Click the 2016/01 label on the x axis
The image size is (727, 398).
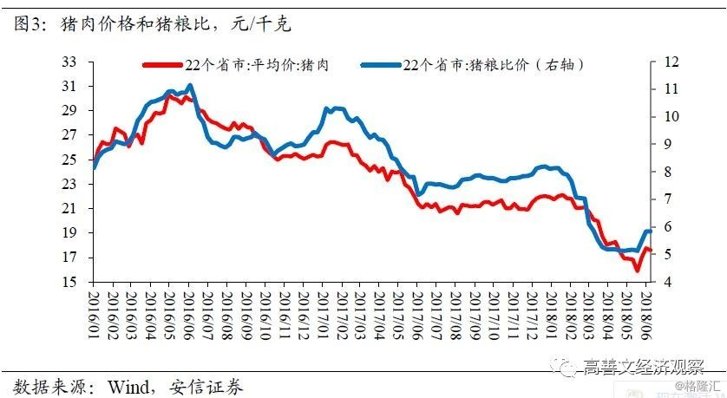pos(93,316)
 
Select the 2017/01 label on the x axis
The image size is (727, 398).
pos(323,316)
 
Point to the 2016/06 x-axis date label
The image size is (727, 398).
pos(188,316)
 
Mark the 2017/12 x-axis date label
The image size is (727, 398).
pos(533,316)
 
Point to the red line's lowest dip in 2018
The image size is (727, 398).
pos(637,270)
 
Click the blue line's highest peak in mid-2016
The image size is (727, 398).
pos(190,85)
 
